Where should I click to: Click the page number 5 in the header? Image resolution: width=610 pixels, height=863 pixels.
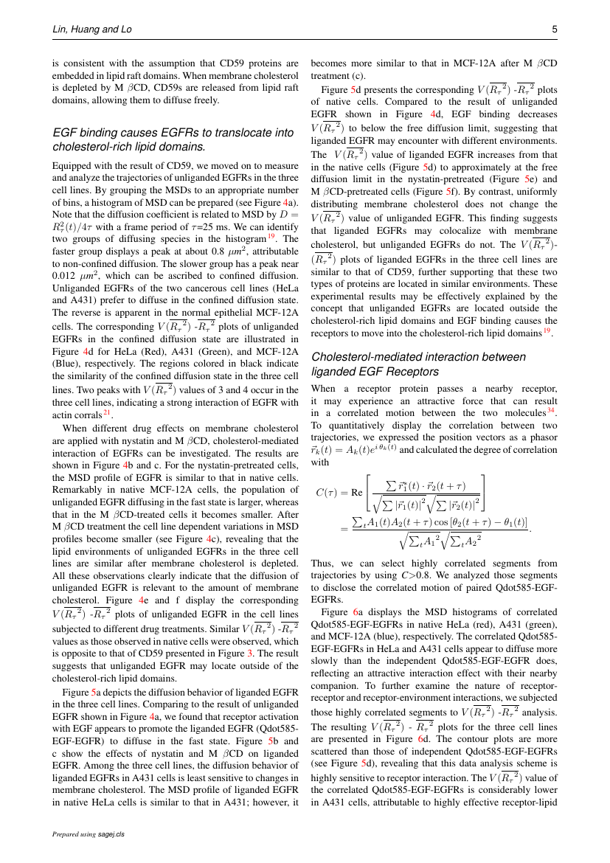tap(555, 30)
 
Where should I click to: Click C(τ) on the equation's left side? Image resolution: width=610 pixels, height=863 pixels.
tap(326, 493)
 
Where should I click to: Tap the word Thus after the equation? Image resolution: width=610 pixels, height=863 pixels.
tap(323, 564)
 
